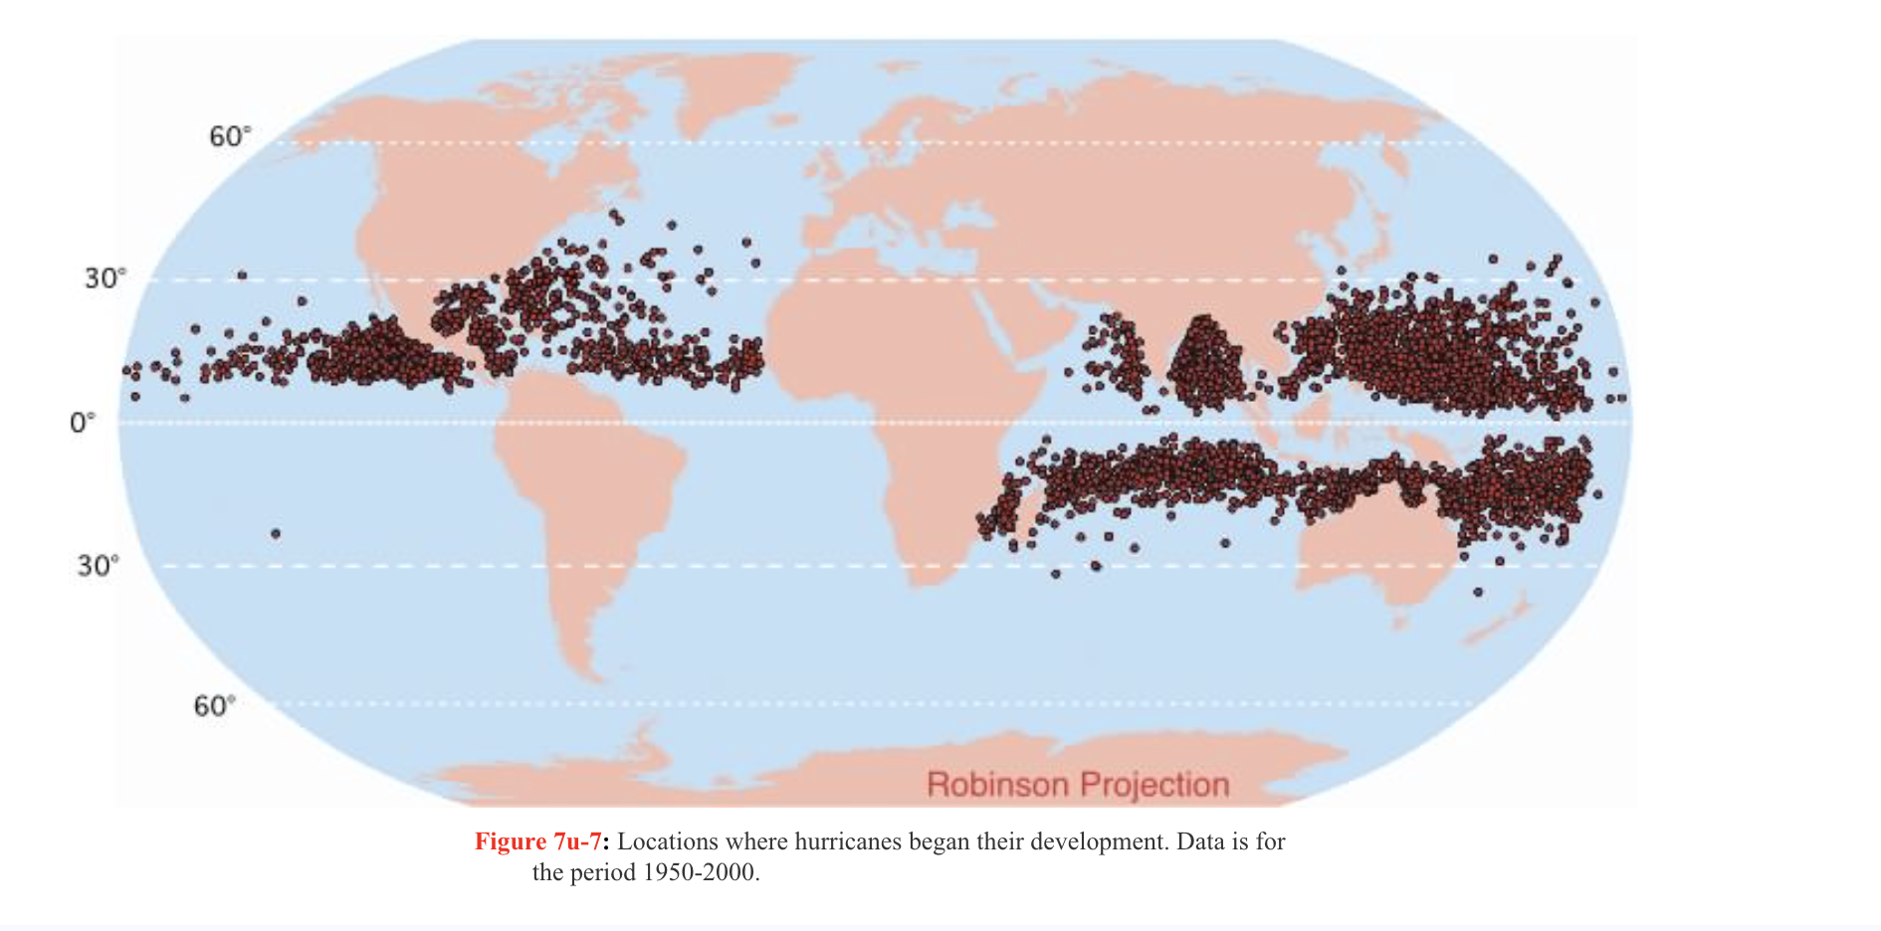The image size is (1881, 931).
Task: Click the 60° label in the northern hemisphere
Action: coord(229,136)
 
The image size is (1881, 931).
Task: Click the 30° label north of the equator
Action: coord(104,279)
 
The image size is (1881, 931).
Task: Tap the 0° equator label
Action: coord(82,423)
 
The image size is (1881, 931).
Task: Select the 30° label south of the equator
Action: coord(98,566)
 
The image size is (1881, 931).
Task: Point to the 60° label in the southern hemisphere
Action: coord(214,706)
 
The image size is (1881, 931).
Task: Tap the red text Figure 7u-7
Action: coord(538,841)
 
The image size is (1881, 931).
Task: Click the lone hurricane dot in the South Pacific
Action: coord(276,534)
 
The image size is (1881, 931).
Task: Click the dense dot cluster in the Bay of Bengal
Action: coord(1204,363)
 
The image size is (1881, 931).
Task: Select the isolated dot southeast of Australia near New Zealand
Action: coord(1478,592)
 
